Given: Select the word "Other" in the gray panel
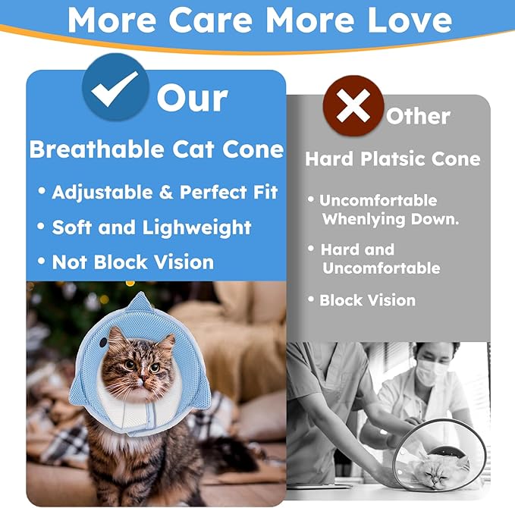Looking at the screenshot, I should pos(418,116).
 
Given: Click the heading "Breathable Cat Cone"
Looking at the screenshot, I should pos(156,149).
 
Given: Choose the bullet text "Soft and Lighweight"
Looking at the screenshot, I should pos(152,227).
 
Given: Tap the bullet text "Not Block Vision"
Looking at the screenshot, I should pos(133,262).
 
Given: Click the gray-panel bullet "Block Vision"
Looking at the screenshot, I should pos(367,299).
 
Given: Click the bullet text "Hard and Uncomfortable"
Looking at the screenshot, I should pos(379,259).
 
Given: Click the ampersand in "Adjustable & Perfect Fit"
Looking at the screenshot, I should pos(165,192).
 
